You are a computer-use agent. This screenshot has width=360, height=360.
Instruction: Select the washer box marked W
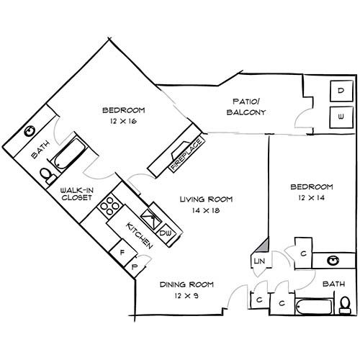pyautogui.click(x=341, y=115)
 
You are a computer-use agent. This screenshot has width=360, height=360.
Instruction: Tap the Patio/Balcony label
pyautogui.click(x=246, y=107)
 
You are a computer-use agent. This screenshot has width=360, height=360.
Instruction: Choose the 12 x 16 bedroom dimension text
pyautogui.click(x=123, y=122)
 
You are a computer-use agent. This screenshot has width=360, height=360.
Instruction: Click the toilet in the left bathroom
pyautogui.click(x=47, y=174)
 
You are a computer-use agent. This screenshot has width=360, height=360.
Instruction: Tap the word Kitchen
pyautogui.click(x=139, y=235)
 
